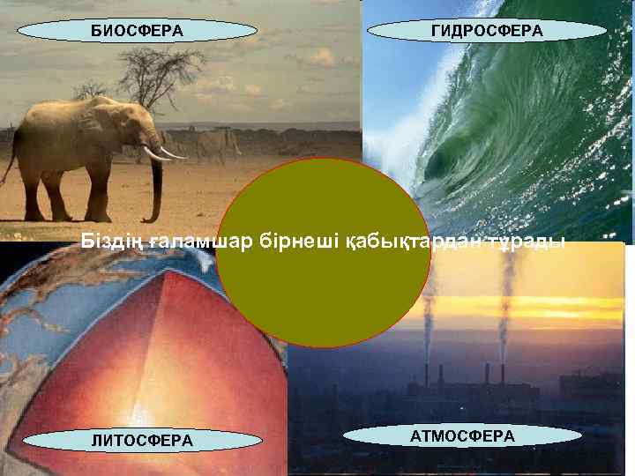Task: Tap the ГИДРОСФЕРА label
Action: pos(487,32)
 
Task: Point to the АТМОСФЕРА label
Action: pos(462,436)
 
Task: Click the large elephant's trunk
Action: pos(157,185)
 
